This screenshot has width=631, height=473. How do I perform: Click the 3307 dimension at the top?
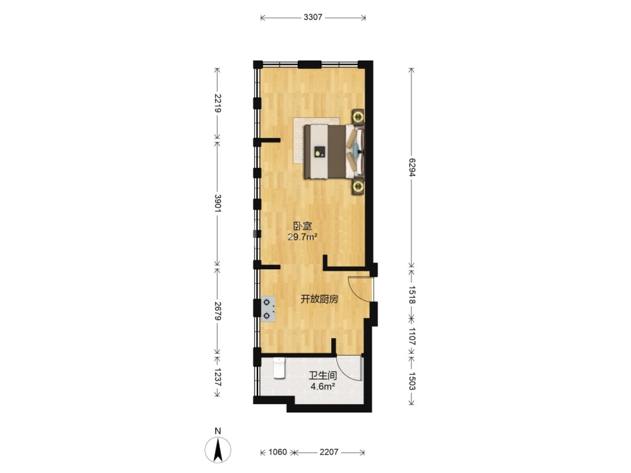coord(313,17)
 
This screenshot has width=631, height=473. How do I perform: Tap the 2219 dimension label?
coord(218,103)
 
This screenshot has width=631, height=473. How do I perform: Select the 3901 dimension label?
coord(218,204)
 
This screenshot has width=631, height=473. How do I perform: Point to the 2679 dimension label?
coord(218,311)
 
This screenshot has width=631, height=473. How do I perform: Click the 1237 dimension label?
coord(218,377)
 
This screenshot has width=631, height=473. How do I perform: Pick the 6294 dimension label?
coord(411,167)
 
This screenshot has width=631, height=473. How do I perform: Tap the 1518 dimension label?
coord(411,295)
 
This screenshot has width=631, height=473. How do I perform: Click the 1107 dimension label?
coord(411,336)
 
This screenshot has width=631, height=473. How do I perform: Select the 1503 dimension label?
coord(411,380)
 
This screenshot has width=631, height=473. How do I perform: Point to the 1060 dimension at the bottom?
coord(278,452)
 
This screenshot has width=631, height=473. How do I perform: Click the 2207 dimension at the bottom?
coord(329,452)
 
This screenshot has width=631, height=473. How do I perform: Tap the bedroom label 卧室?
coord(303,226)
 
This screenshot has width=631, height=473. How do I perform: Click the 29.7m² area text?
coord(303,237)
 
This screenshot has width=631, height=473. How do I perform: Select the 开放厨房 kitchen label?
coord(319,299)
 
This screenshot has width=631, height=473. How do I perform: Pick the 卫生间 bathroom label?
coord(322,376)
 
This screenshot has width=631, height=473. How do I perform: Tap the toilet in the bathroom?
coord(279,368)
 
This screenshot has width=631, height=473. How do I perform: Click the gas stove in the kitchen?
coord(268,309)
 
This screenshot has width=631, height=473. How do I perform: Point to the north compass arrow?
coord(218,450)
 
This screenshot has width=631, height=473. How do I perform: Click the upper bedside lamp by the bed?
coord(358,117)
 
